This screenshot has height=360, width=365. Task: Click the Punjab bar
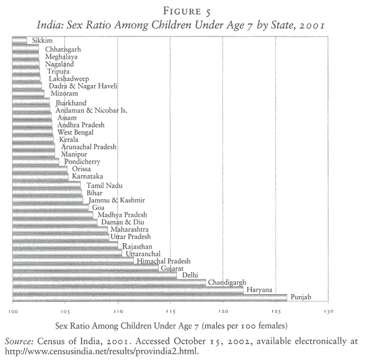pyautogui.click(x=149, y=297)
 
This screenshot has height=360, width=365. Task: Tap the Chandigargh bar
pyautogui.click(x=109, y=282)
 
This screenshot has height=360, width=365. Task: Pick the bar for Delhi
pyautogui.click(x=94, y=274)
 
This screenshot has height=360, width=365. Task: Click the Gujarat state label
pyautogui.click(x=172, y=268)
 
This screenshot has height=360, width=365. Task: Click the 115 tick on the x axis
pyautogui.click(x=170, y=312)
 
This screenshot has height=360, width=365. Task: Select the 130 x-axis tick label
pyautogui.click(x=327, y=312)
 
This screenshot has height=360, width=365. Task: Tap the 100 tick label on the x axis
pyautogui.click(x=13, y=312)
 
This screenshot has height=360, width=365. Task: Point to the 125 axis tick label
pyautogui.click(x=275, y=312)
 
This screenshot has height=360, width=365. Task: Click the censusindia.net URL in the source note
pyautogui.click(x=103, y=350)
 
